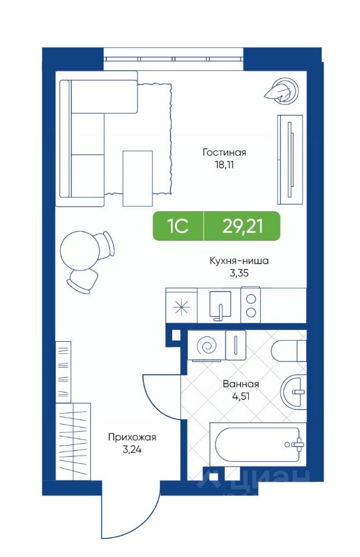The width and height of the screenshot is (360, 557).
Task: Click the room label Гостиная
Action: coord(224,153)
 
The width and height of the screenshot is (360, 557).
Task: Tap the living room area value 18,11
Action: coord(224,165)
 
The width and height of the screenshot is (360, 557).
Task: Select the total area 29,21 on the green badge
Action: coord(242,226)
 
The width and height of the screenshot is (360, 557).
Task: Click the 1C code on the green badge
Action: coord(178,226)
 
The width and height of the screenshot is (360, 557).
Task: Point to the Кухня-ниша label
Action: coord(239,261)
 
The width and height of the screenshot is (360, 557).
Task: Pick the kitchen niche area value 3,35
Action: coord(239,273)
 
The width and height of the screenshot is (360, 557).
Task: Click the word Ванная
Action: coord(241,384)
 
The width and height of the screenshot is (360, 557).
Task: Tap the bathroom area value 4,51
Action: coord(241,396)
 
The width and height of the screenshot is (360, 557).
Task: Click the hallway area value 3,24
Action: coord(132,450)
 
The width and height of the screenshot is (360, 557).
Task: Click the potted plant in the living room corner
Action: coord(282,89)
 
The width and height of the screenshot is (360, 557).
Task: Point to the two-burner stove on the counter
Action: coord(250,305)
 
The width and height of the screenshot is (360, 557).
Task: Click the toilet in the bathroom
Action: coord(289,350)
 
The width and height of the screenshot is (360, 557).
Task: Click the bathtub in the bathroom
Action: coord(258,444)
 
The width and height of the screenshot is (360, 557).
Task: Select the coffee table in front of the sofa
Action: coord(138,178)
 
